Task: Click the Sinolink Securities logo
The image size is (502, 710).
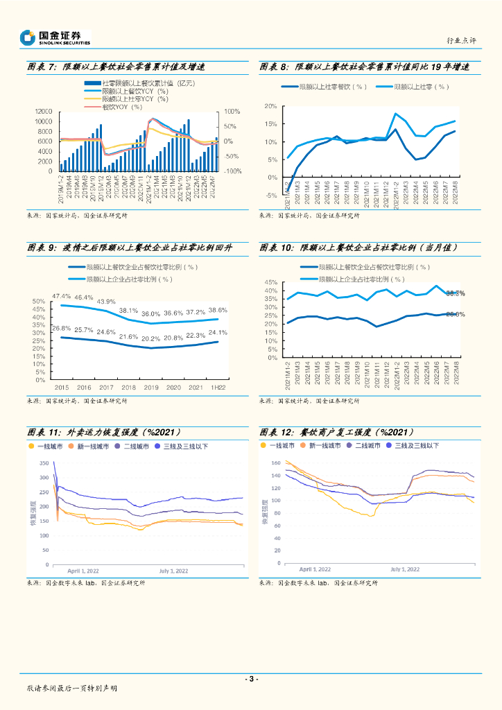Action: click(x=55, y=37)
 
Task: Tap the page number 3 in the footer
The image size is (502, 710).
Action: click(x=251, y=679)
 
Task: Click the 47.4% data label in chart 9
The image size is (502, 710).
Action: click(x=62, y=297)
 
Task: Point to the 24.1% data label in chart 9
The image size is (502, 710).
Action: click(x=218, y=333)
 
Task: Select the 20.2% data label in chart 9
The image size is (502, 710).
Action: click(x=150, y=339)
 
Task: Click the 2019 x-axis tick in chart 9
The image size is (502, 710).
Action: click(x=150, y=388)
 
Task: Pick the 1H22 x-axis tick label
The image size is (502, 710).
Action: click(x=218, y=388)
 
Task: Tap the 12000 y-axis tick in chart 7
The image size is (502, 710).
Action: click(x=44, y=112)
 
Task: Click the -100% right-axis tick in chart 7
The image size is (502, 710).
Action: click(x=232, y=171)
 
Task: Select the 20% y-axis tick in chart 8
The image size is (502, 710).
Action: click(x=271, y=107)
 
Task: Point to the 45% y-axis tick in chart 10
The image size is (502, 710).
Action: click(x=271, y=283)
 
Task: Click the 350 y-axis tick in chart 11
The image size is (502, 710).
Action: click(x=44, y=463)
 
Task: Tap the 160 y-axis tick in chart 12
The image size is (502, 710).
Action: click(x=275, y=462)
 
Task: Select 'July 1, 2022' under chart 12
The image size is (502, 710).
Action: click(x=405, y=569)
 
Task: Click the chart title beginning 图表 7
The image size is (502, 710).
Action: click(x=116, y=67)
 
